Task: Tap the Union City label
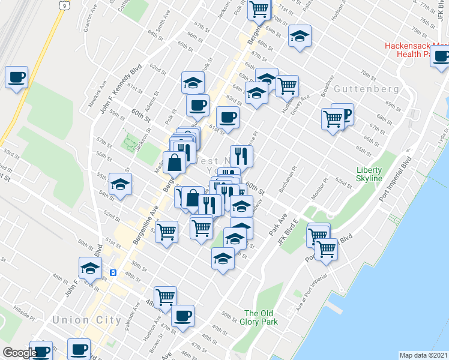tap(86, 320)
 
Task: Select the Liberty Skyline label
tap(369, 174)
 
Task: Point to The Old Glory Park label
tap(259, 317)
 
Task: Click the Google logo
tap(20, 353)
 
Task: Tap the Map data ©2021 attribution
tap(423, 355)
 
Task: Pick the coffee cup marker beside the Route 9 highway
tap(17, 77)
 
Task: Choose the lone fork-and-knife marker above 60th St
tap(241, 156)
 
